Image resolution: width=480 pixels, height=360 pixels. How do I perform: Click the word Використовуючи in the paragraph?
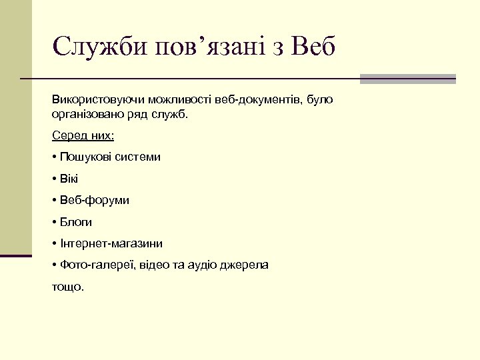click(x=94, y=100)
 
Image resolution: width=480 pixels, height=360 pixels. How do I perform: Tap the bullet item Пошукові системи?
click(x=106, y=157)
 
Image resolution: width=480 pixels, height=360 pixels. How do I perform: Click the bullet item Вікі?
click(x=69, y=179)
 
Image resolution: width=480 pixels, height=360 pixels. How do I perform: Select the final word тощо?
click(x=68, y=287)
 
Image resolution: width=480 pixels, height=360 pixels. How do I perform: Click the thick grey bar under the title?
click(x=407, y=79)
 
